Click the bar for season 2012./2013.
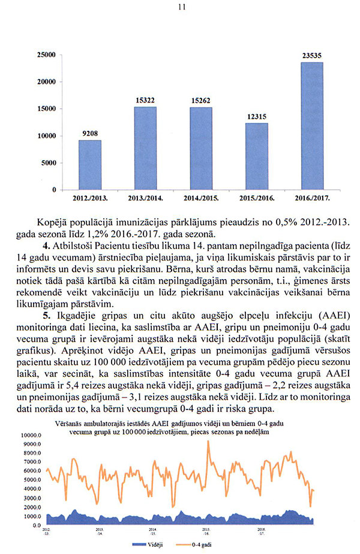pyautogui.click(x=90, y=164)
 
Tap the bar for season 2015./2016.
pyautogui.click(x=256, y=156)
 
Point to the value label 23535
pyautogui.click(x=311, y=56)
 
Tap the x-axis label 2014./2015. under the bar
pyautogui.click(x=200, y=197)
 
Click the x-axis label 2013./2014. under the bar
pyautogui.click(x=145, y=197)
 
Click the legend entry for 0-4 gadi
pyautogui.click(x=203, y=545)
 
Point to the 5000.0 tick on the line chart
pyautogui.click(x=31, y=480)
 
